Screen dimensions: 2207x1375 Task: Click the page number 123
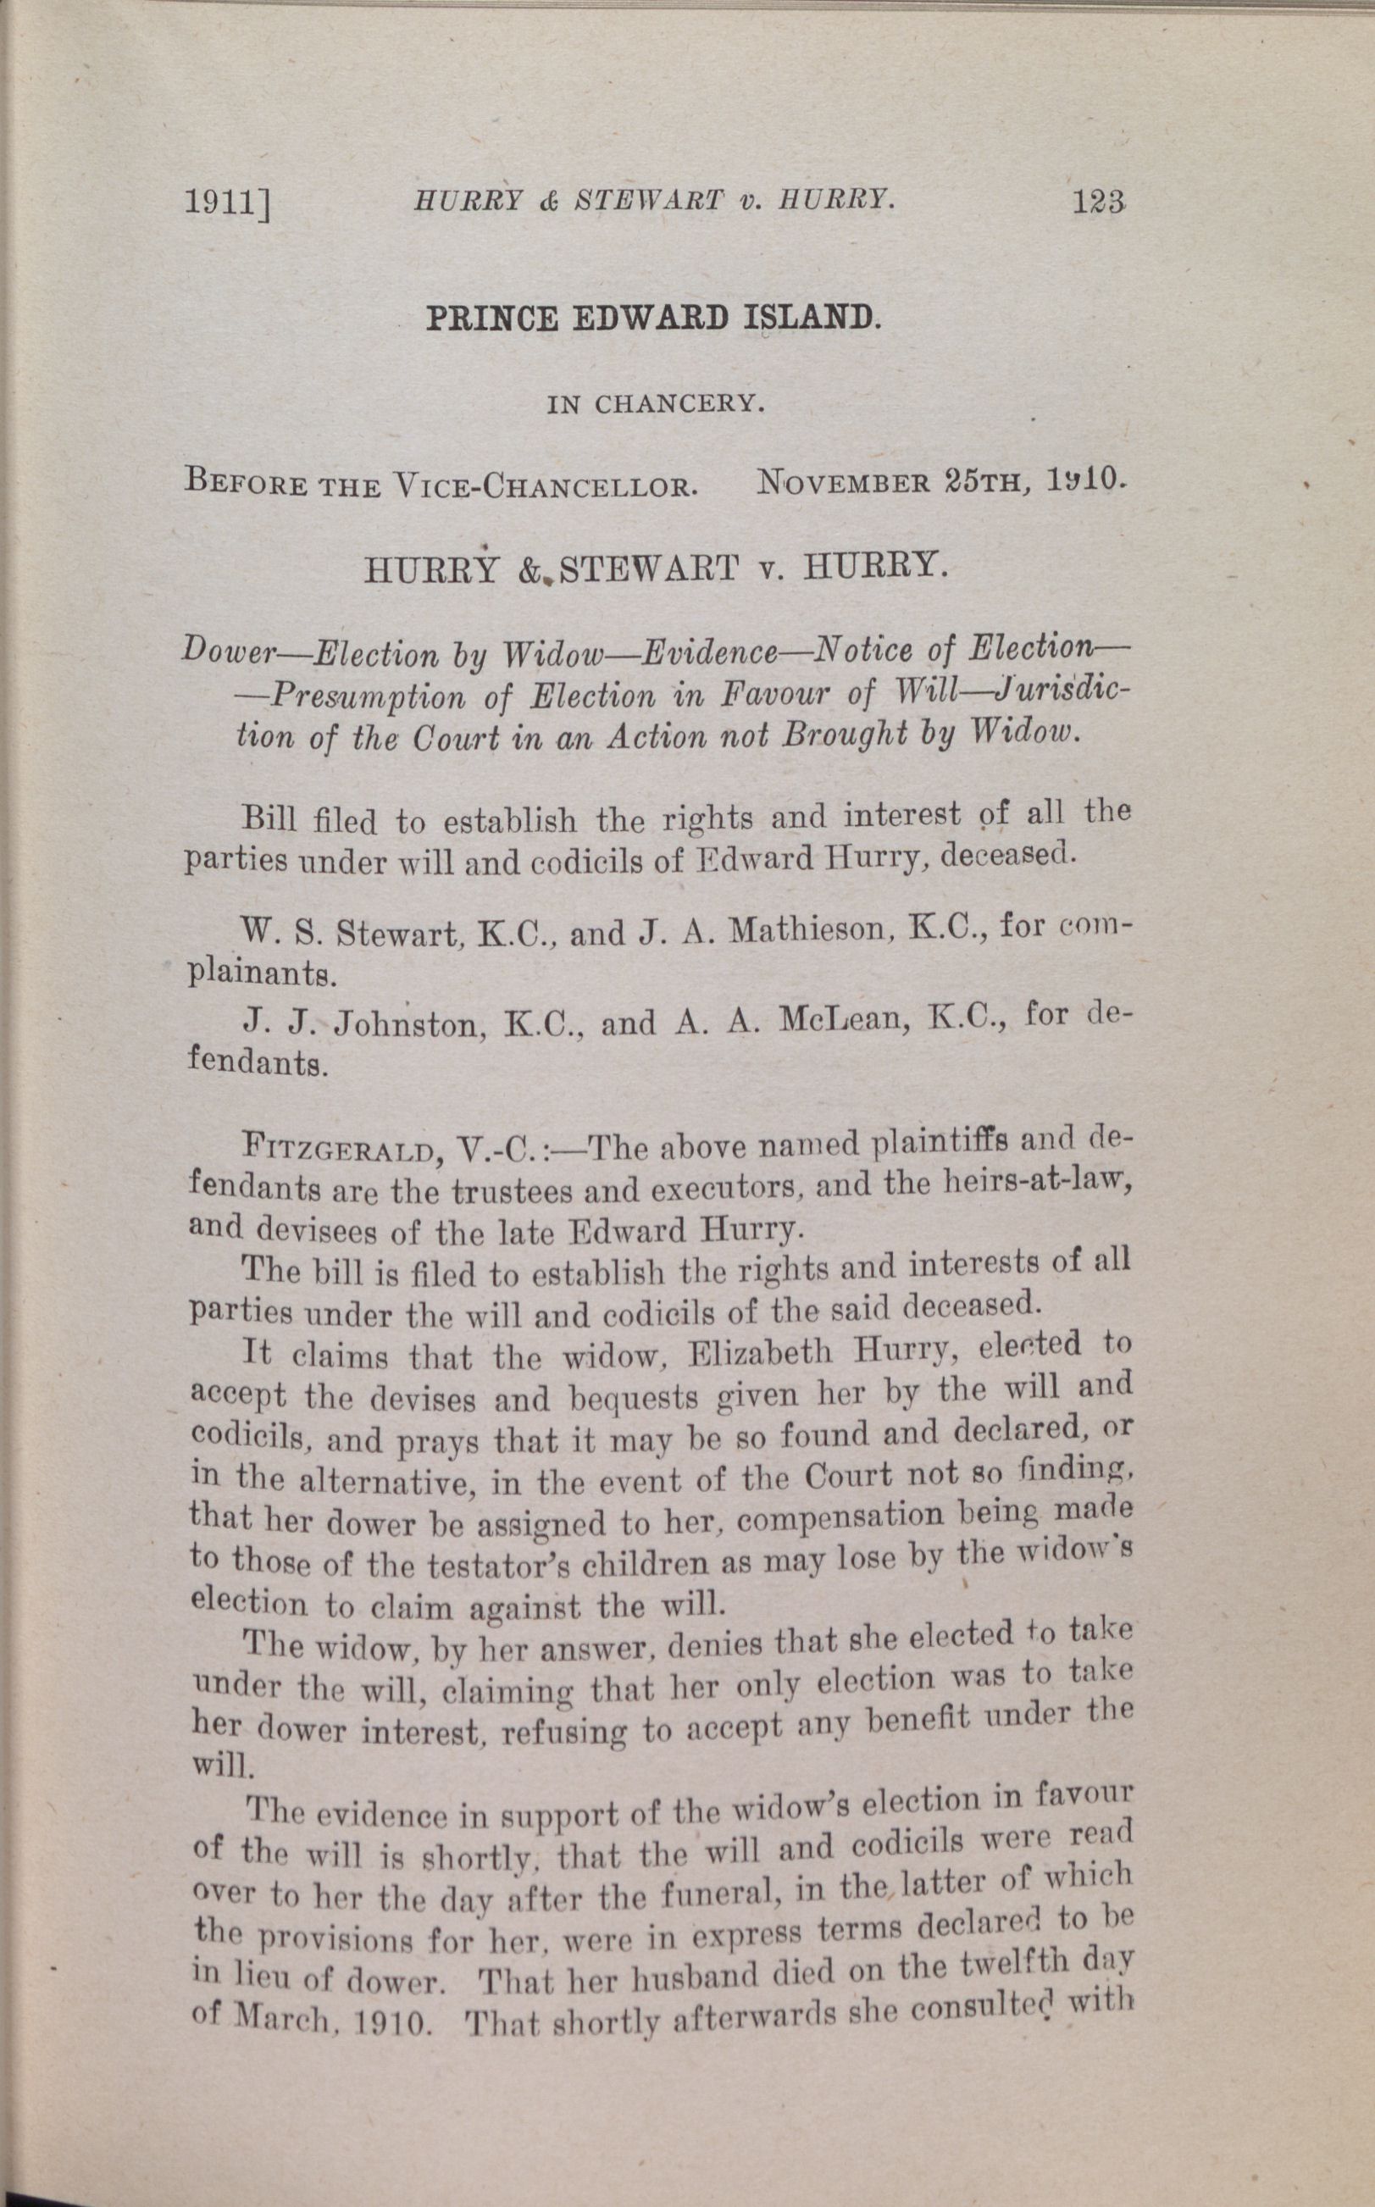pos(1099,200)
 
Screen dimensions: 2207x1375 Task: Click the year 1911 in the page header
pos(228,206)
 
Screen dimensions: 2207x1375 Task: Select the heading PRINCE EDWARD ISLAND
pos(652,319)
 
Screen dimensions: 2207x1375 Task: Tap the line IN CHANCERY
pos(655,405)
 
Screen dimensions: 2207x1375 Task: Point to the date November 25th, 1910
pos(942,480)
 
